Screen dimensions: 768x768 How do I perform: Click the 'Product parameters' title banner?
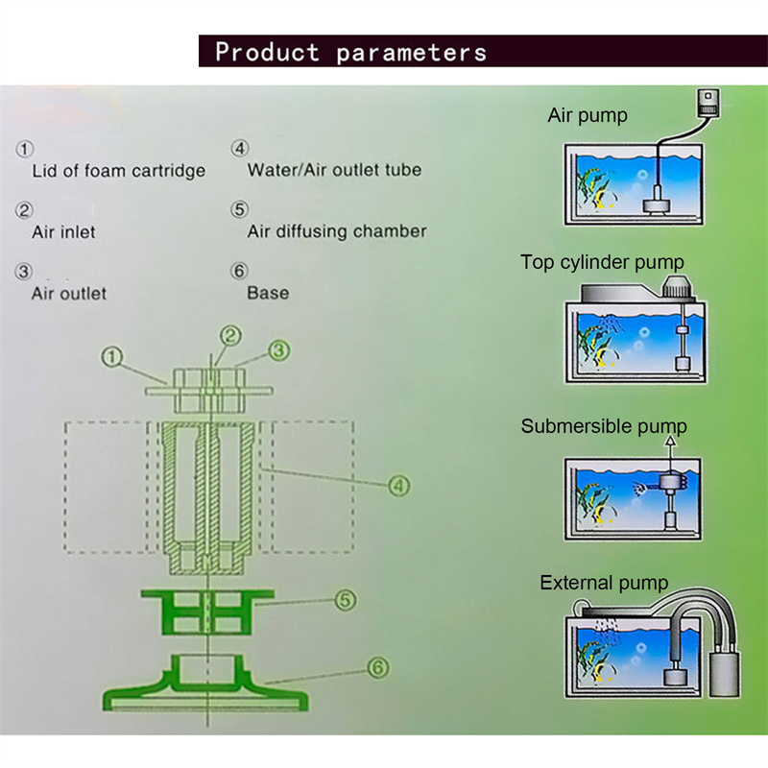click(350, 51)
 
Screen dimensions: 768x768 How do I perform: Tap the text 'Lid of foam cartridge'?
click(119, 172)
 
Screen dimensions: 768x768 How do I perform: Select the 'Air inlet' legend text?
click(63, 231)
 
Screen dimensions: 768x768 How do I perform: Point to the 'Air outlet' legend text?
click(69, 293)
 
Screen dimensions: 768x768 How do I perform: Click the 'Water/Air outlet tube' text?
click(334, 171)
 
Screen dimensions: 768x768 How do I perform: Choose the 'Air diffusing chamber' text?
click(337, 231)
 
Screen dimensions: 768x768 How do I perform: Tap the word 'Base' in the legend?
click(268, 293)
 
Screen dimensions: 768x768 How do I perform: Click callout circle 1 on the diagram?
click(113, 358)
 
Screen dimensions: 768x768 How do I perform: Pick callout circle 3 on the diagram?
click(278, 351)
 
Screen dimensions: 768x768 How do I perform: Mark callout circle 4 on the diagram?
click(398, 486)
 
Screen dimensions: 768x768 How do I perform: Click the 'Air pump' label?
click(588, 116)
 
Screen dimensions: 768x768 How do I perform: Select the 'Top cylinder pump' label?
click(602, 262)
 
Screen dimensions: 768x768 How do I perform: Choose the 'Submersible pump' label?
click(604, 426)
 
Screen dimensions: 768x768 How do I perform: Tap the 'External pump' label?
click(604, 583)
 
